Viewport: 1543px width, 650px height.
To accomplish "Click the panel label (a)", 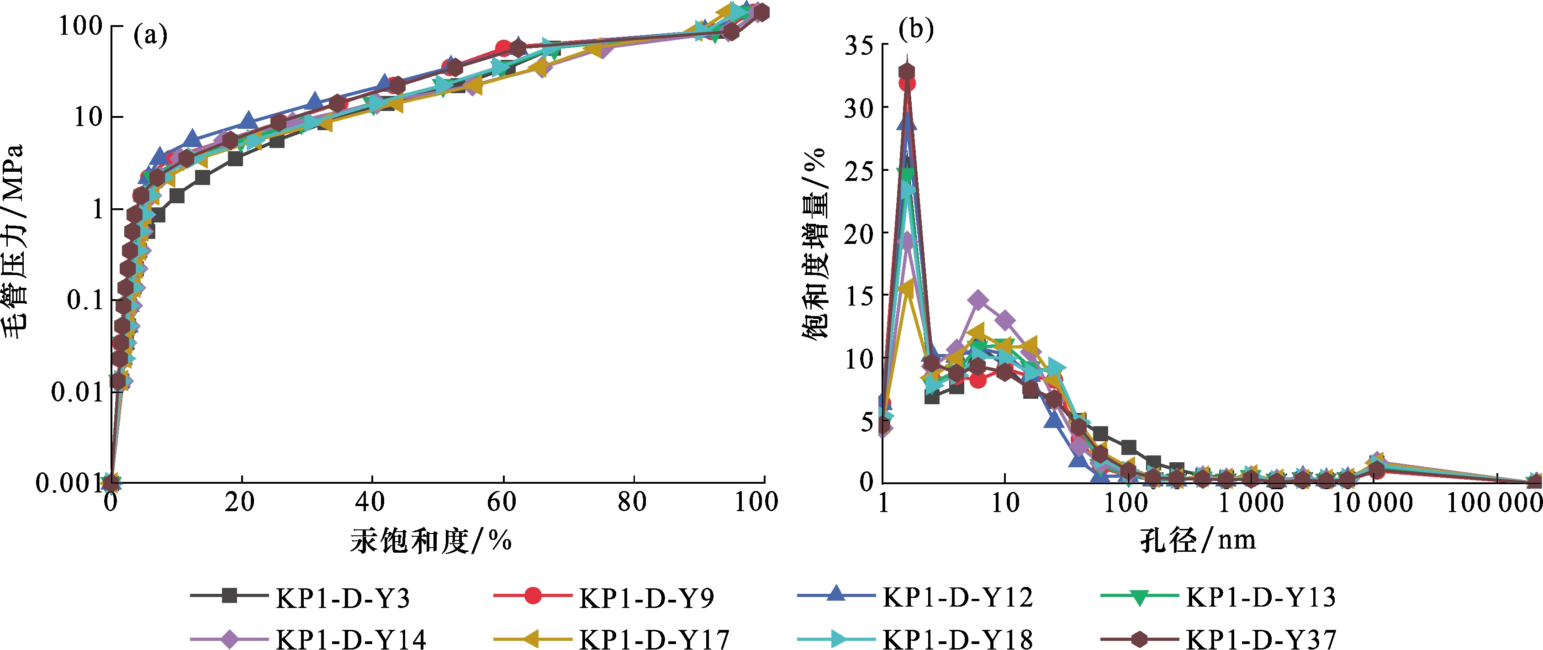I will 150,35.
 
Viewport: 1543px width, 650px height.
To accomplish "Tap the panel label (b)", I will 916,29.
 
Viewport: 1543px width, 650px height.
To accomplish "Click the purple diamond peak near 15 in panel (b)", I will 978,300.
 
